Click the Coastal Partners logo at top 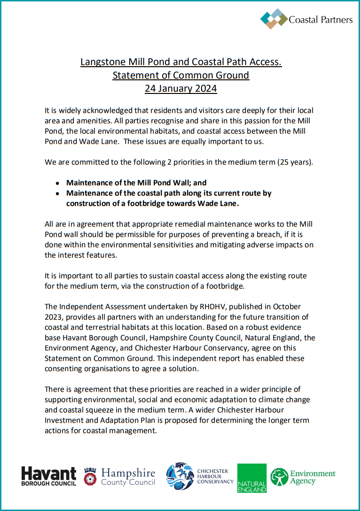(x=306, y=19)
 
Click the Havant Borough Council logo (x=48, y=476)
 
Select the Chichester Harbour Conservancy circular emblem (x=180, y=476)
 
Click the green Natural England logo (x=251, y=478)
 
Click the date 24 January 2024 (x=180, y=88)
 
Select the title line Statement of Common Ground (x=180, y=75)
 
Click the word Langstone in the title (x=102, y=62)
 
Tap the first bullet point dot (x=57, y=183)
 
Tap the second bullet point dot (x=57, y=194)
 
